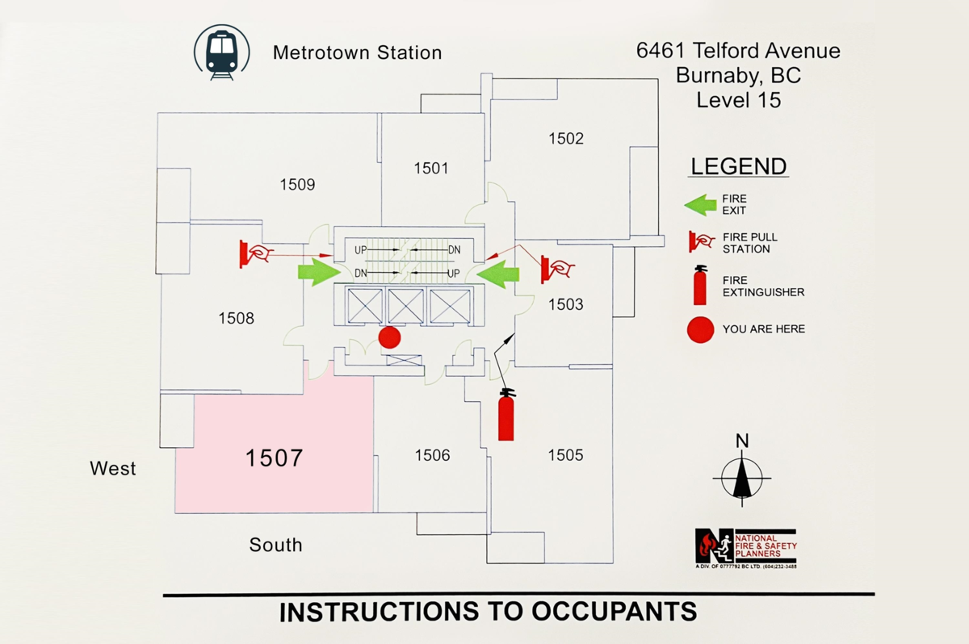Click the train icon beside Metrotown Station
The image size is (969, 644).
click(x=221, y=52)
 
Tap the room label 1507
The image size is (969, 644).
click(x=274, y=458)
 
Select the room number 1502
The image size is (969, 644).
click(x=565, y=138)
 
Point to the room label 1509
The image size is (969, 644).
click(x=297, y=185)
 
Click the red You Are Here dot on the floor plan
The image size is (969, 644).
click(x=390, y=337)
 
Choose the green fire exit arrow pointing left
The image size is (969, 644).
click(x=497, y=272)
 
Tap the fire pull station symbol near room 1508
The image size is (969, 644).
click(x=254, y=253)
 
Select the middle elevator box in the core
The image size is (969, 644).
click(x=405, y=306)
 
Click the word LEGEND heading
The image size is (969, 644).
click(x=738, y=167)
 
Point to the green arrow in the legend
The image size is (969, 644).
click(x=701, y=204)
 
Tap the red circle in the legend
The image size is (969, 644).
click(x=700, y=329)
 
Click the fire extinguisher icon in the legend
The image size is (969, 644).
click(x=700, y=285)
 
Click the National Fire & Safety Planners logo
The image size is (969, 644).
click(x=746, y=546)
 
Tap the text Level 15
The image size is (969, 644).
click(x=738, y=101)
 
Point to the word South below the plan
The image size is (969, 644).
click(x=275, y=545)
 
